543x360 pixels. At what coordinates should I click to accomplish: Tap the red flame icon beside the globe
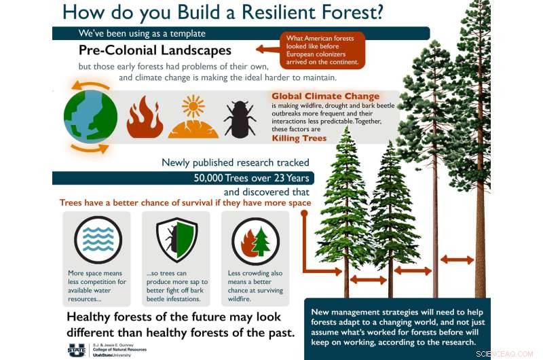[145, 117]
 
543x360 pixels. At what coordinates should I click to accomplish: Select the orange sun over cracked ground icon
[193, 117]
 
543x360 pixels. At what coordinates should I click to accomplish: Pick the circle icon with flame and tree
[255, 240]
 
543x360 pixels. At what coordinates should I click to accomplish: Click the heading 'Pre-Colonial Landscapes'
[155, 50]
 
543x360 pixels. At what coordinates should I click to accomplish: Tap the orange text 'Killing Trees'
[299, 138]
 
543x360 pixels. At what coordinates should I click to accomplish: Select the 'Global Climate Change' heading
[325, 96]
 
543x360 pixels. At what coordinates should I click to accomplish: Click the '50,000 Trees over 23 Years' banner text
[243, 178]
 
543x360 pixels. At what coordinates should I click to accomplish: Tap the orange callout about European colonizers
[322, 49]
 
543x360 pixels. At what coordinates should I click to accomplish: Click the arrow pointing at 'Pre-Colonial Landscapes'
[268, 49]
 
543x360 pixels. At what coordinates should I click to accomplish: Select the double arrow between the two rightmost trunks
[457, 259]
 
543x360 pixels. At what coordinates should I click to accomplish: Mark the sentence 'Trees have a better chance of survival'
[185, 202]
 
